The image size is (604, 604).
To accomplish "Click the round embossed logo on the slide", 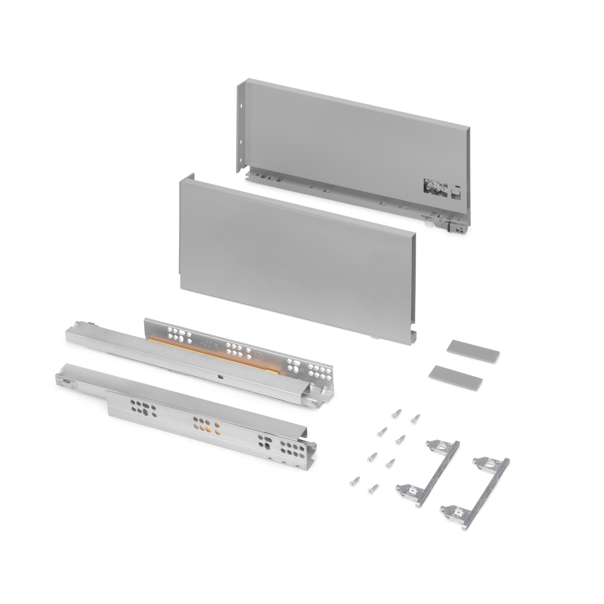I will [x=259, y=355].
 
